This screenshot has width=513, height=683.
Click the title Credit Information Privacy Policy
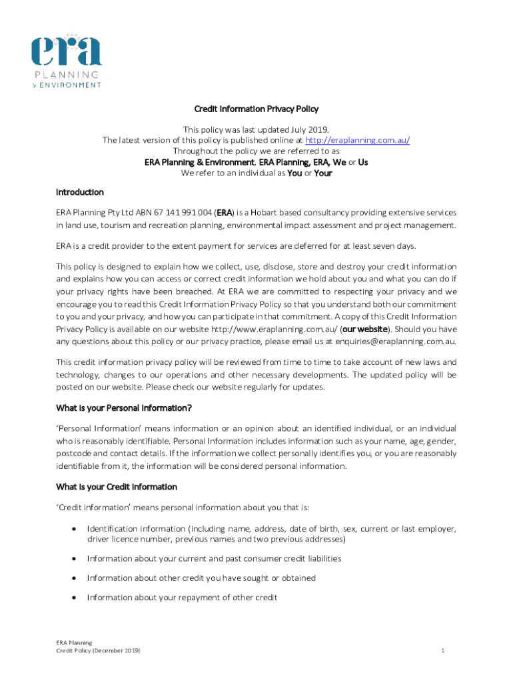point(256,109)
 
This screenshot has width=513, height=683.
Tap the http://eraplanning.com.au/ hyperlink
point(357,140)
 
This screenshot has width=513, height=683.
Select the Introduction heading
point(80,192)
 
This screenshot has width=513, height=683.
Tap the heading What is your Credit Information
point(117,487)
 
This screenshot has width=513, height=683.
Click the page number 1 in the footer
point(442,650)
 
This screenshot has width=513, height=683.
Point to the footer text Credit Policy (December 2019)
point(98,650)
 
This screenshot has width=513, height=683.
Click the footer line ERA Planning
point(74,642)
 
